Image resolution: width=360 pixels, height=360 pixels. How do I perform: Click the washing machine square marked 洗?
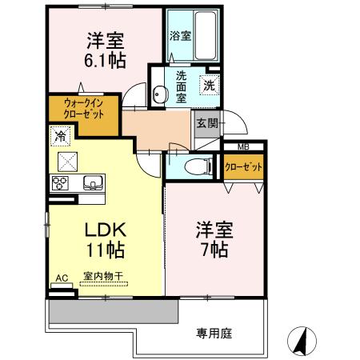pyautogui.click(x=208, y=85)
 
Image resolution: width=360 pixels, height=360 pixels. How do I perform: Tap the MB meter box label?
pyautogui.click(x=242, y=146)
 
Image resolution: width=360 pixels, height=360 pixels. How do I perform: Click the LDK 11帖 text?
pyautogui.click(x=104, y=238)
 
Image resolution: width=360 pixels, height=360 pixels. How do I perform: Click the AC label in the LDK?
pyautogui.click(x=61, y=278)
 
